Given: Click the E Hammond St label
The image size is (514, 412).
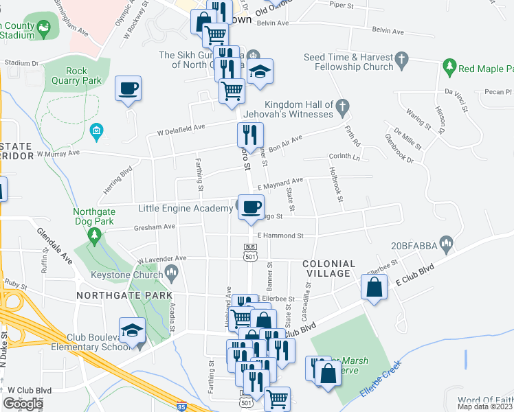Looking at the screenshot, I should pos(280,236).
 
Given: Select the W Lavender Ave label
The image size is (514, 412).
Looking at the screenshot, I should pos(162,259).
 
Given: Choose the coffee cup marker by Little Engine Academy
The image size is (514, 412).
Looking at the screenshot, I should pos(250,206).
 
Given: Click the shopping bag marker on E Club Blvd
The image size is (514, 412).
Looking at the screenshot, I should pos(375,288).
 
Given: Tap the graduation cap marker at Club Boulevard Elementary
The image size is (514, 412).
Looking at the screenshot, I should pos(132,330).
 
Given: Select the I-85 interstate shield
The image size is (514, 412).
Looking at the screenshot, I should pos(181,406).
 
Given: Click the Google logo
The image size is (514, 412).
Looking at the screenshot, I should pos(22,404).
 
